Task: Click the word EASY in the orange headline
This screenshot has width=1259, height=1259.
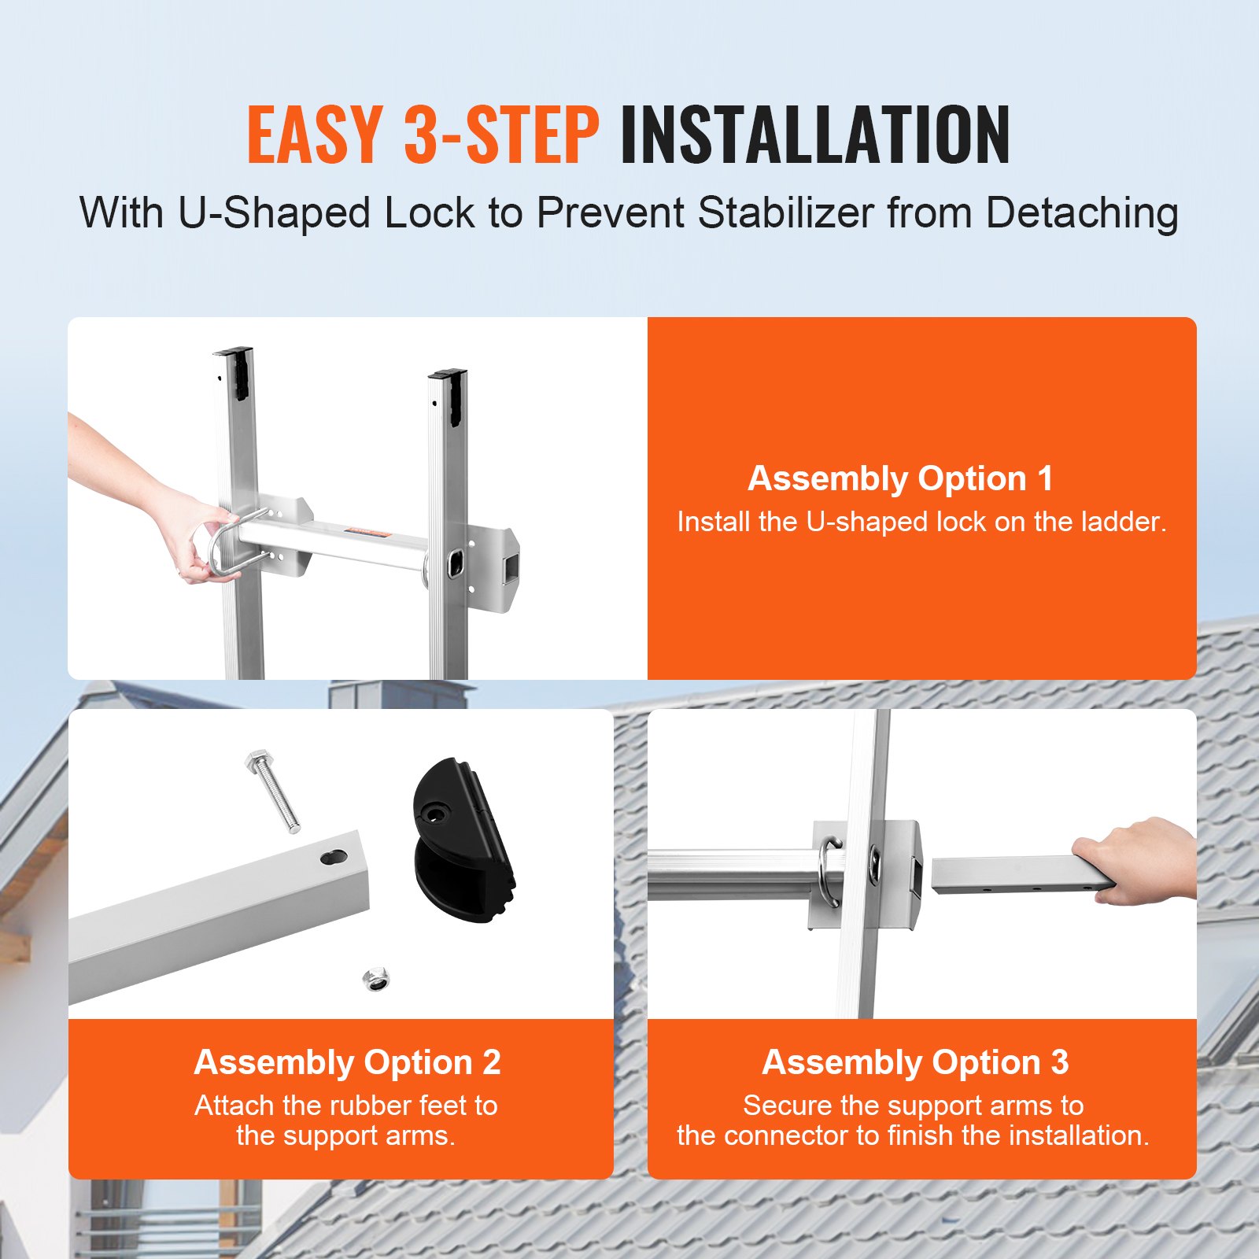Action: pyautogui.click(x=315, y=135)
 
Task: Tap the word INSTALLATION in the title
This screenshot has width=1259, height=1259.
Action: pyautogui.click(x=814, y=135)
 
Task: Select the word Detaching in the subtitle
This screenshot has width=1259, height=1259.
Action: pyautogui.click(x=1082, y=213)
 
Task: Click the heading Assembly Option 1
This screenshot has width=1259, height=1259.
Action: pyautogui.click(x=900, y=478)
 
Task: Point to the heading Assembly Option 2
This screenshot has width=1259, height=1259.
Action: pyautogui.click(x=347, y=1062)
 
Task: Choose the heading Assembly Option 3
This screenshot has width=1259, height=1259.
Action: pyautogui.click(x=915, y=1062)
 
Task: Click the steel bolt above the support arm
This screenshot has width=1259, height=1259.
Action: pyautogui.click(x=274, y=791)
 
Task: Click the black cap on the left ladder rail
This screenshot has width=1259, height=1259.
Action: pyautogui.click(x=234, y=370)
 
